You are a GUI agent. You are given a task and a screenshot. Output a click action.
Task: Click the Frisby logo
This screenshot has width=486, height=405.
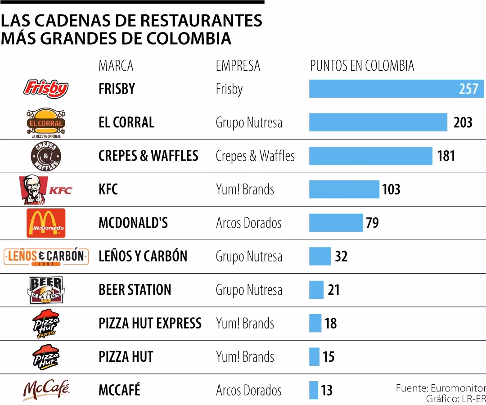pyautogui.click(x=45, y=89)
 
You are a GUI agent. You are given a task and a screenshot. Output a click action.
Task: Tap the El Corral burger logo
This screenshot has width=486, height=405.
pyautogui.click(x=45, y=122)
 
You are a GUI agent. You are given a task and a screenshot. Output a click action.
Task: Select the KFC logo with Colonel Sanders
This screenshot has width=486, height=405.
pyautogui.click(x=45, y=190)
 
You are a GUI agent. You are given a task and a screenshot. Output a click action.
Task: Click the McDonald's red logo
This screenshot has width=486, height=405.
pyautogui.click(x=45, y=223)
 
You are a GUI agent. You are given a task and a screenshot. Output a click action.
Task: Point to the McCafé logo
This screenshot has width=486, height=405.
pyautogui.click(x=45, y=390)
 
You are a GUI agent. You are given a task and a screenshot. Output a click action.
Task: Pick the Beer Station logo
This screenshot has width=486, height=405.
pyautogui.click(x=45, y=290)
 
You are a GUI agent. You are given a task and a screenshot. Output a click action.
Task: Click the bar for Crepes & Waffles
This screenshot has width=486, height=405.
pyautogui.click(x=370, y=156)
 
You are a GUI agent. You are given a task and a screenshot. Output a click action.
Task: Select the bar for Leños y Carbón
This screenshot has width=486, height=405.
pyautogui.click(x=319, y=256)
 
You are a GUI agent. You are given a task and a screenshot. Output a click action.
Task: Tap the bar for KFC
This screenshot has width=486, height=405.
pyautogui.click(x=344, y=189)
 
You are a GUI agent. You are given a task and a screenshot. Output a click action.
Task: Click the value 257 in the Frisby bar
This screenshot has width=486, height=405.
pyautogui.click(x=468, y=89)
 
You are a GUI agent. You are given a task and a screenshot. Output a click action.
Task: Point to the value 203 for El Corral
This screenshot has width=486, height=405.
pyautogui.click(x=463, y=122)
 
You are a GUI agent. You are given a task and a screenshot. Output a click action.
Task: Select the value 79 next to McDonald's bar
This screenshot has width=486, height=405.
pyautogui.click(x=372, y=223)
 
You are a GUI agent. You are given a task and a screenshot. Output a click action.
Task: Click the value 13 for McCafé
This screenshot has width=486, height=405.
pyautogui.click(x=327, y=390)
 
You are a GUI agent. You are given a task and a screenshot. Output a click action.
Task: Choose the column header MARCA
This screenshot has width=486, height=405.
pyautogui.click(x=116, y=66)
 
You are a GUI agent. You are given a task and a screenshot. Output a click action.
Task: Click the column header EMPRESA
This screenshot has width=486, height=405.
pyautogui.click(x=238, y=66)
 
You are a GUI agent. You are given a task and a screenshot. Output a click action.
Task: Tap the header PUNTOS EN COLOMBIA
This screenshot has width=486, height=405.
pyautogui.click(x=362, y=66)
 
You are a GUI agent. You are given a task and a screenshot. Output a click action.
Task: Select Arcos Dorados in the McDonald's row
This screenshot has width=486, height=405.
pyautogui.click(x=248, y=223)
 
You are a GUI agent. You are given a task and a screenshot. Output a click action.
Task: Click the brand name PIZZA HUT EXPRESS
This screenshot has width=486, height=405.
pyautogui.click(x=150, y=323)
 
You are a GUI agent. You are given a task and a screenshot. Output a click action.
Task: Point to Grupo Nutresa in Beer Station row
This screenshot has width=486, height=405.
pyautogui.click(x=249, y=290)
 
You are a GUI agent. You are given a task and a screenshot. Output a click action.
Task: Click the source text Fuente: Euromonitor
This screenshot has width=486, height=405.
pyautogui.click(x=440, y=388)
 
